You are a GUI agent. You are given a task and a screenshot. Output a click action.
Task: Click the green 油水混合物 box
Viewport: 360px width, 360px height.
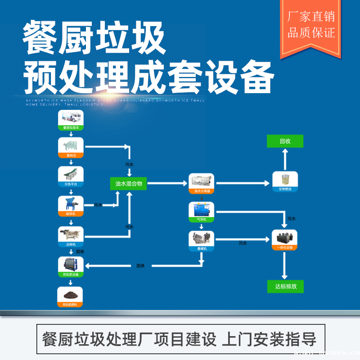128,184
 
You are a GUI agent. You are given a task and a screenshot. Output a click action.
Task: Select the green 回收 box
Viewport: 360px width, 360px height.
285,141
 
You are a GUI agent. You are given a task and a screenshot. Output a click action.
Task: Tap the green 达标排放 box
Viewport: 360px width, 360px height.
285,286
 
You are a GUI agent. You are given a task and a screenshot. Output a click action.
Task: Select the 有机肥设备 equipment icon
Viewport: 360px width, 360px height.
71,264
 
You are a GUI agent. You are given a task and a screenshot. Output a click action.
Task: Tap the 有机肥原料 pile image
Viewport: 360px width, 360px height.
71,295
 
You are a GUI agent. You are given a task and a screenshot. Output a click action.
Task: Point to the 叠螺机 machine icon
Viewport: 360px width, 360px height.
201,238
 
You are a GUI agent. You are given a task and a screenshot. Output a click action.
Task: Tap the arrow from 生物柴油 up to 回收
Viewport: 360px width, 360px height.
285,160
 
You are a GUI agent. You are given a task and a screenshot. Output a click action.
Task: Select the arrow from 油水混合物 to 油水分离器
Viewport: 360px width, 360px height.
167,184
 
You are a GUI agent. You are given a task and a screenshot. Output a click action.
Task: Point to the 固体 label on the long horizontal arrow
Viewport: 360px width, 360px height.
141,266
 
